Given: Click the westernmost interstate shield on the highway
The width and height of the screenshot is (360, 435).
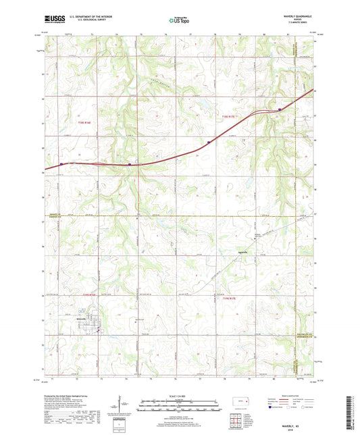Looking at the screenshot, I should [x=62, y=163].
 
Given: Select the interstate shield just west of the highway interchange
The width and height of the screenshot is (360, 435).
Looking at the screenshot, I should [x=130, y=163].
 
